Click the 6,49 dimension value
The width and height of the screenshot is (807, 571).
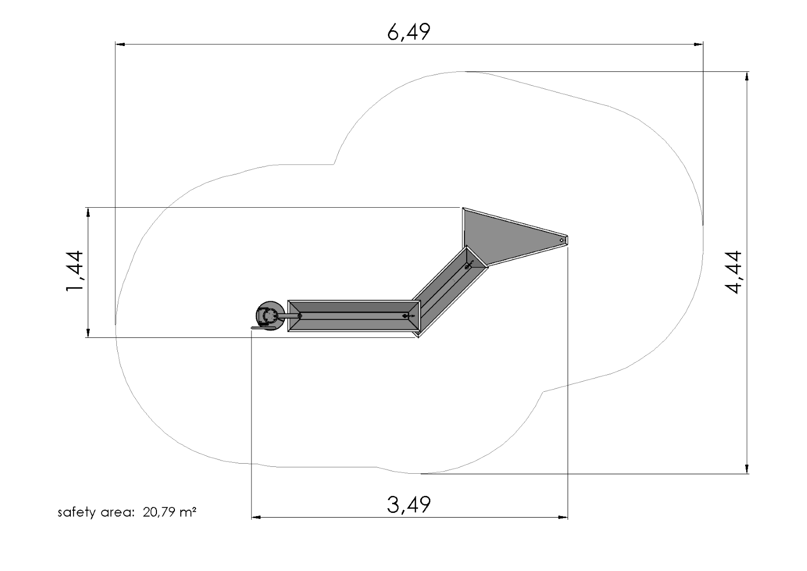pos(409,32)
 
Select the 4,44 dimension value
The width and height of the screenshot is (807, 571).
pos(733,272)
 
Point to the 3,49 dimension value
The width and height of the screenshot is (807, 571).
pos(409,505)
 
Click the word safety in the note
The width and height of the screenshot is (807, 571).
pos(76,512)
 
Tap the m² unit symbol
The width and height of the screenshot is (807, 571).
pos(188,512)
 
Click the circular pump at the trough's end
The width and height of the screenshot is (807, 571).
pos(270,315)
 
